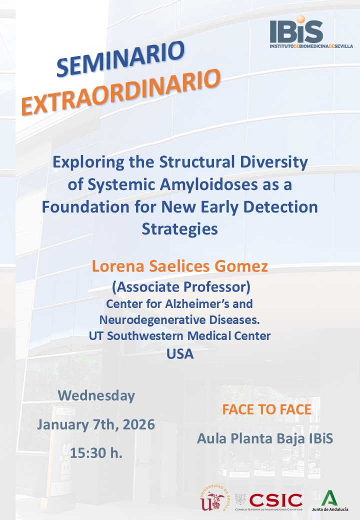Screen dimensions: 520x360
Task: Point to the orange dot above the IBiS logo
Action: pos(300,20)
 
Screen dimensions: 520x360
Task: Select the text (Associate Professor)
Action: pos(180,287)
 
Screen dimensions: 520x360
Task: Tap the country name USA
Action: pos(180,354)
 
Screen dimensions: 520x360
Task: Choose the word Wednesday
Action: pos(96,395)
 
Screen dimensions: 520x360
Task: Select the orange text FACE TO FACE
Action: pos(266,410)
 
